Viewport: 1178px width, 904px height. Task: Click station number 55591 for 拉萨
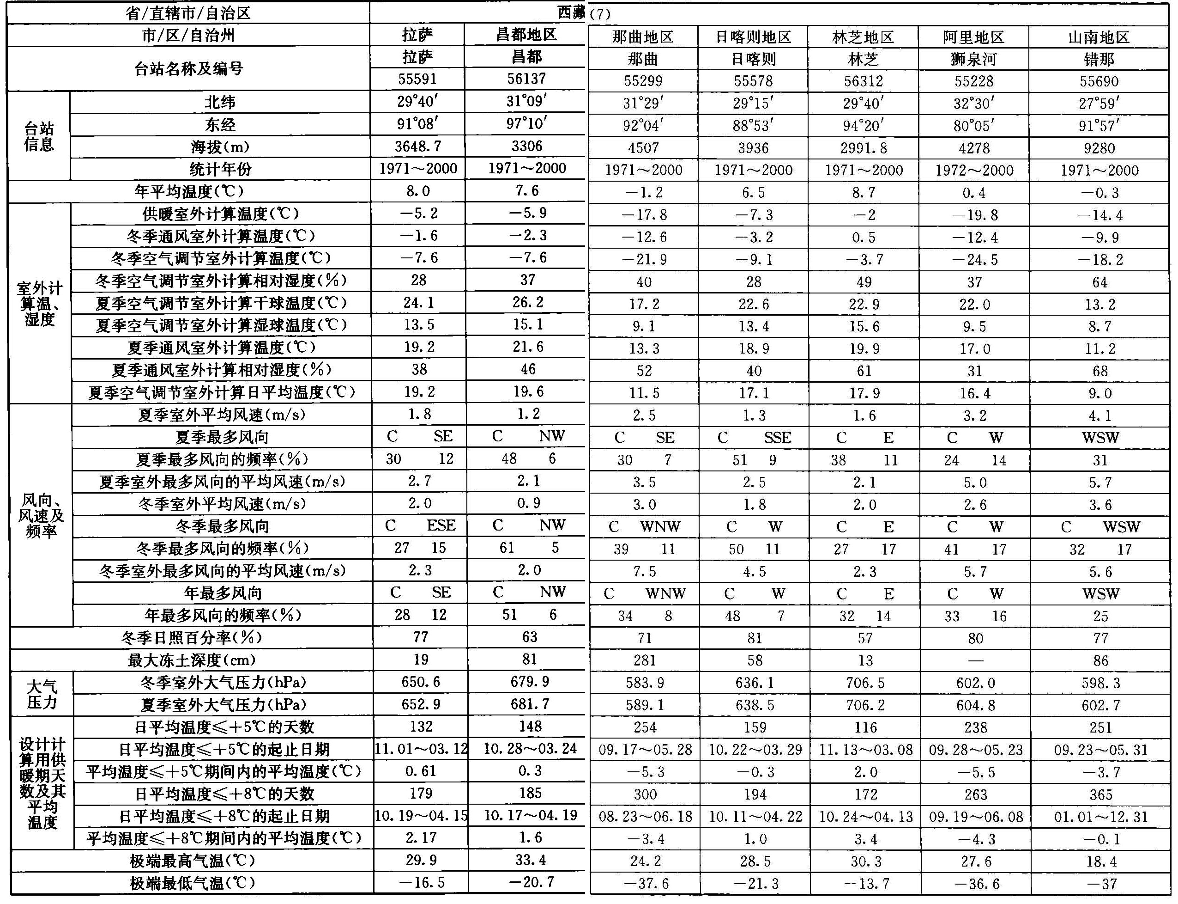417,79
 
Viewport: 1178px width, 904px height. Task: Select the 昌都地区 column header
526,35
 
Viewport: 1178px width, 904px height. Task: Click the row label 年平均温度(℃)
189,191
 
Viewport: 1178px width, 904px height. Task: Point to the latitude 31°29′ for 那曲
643,104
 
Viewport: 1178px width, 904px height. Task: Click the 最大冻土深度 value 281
644,660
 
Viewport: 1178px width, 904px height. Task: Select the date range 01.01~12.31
1100,817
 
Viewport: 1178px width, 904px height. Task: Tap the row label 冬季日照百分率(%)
191,638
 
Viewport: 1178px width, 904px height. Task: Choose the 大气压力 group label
42,694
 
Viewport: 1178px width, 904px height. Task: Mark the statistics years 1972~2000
974,171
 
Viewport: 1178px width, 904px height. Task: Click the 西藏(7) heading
584,13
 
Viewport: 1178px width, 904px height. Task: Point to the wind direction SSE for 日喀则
778,438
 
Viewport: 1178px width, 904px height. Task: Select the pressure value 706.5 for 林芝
864,683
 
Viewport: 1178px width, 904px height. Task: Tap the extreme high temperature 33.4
530,861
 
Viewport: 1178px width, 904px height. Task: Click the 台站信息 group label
39,136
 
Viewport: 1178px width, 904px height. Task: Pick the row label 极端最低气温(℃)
192,884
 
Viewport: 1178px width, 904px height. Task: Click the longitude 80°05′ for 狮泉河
974,126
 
